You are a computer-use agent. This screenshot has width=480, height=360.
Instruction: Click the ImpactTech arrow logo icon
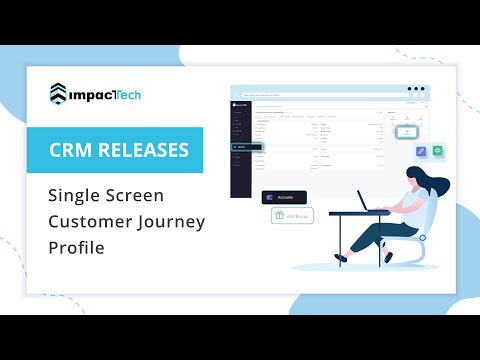click(x=60, y=94)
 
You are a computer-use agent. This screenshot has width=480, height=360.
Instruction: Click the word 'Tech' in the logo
click(x=124, y=94)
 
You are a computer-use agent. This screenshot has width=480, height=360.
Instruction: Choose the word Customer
click(x=86, y=220)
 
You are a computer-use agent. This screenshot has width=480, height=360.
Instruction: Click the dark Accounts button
click(x=281, y=197)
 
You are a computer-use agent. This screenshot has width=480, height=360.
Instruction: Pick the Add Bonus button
click(x=291, y=215)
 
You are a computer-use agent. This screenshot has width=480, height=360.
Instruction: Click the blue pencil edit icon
click(x=422, y=151)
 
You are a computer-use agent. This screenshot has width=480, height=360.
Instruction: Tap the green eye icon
click(x=438, y=151)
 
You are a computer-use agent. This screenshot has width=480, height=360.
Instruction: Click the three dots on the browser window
click(x=415, y=89)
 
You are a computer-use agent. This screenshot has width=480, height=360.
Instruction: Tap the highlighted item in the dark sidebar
click(x=246, y=147)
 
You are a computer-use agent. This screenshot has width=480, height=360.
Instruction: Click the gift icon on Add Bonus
click(x=279, y=215)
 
